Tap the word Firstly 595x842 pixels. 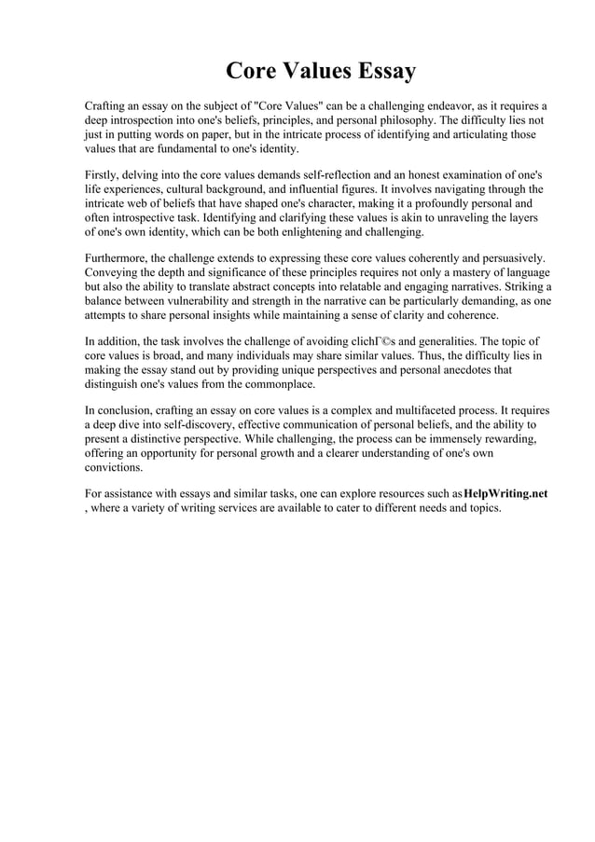[x=103, y=174]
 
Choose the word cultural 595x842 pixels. [x=197, y=189]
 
